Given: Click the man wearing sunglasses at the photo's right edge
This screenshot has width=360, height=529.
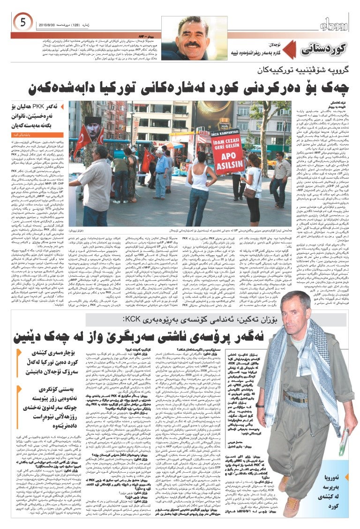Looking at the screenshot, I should (x=281, y=174).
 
